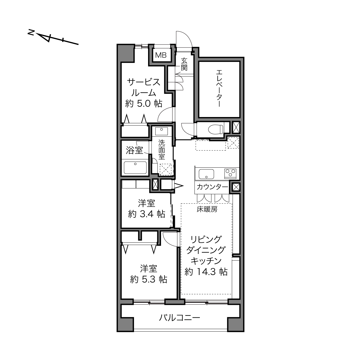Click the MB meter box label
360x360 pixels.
(x=161, y=55)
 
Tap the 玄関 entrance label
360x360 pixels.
(x=184, y=64)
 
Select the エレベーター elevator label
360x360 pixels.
(x=219, y=88)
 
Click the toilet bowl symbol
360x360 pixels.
(x=216, y=129)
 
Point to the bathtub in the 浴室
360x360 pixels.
(x=135, y=168)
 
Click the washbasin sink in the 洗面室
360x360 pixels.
(x=162, y=131)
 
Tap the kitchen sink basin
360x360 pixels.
(x=206, y=174)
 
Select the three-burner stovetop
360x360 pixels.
(x=230, y=173)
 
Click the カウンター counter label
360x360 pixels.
(x=212, y=187)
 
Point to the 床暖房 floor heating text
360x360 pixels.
(x=207, y=209)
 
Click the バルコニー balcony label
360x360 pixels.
(x=179, y=318)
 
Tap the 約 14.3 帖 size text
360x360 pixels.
(x=206, y=272)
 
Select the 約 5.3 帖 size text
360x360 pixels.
(x=149, y=279)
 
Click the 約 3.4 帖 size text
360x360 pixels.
(x=147, y=214)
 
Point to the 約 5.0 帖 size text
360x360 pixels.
(x=144, y=104)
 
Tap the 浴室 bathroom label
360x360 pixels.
(x=135, y=150)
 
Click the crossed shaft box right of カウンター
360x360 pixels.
(x=236, y=187)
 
